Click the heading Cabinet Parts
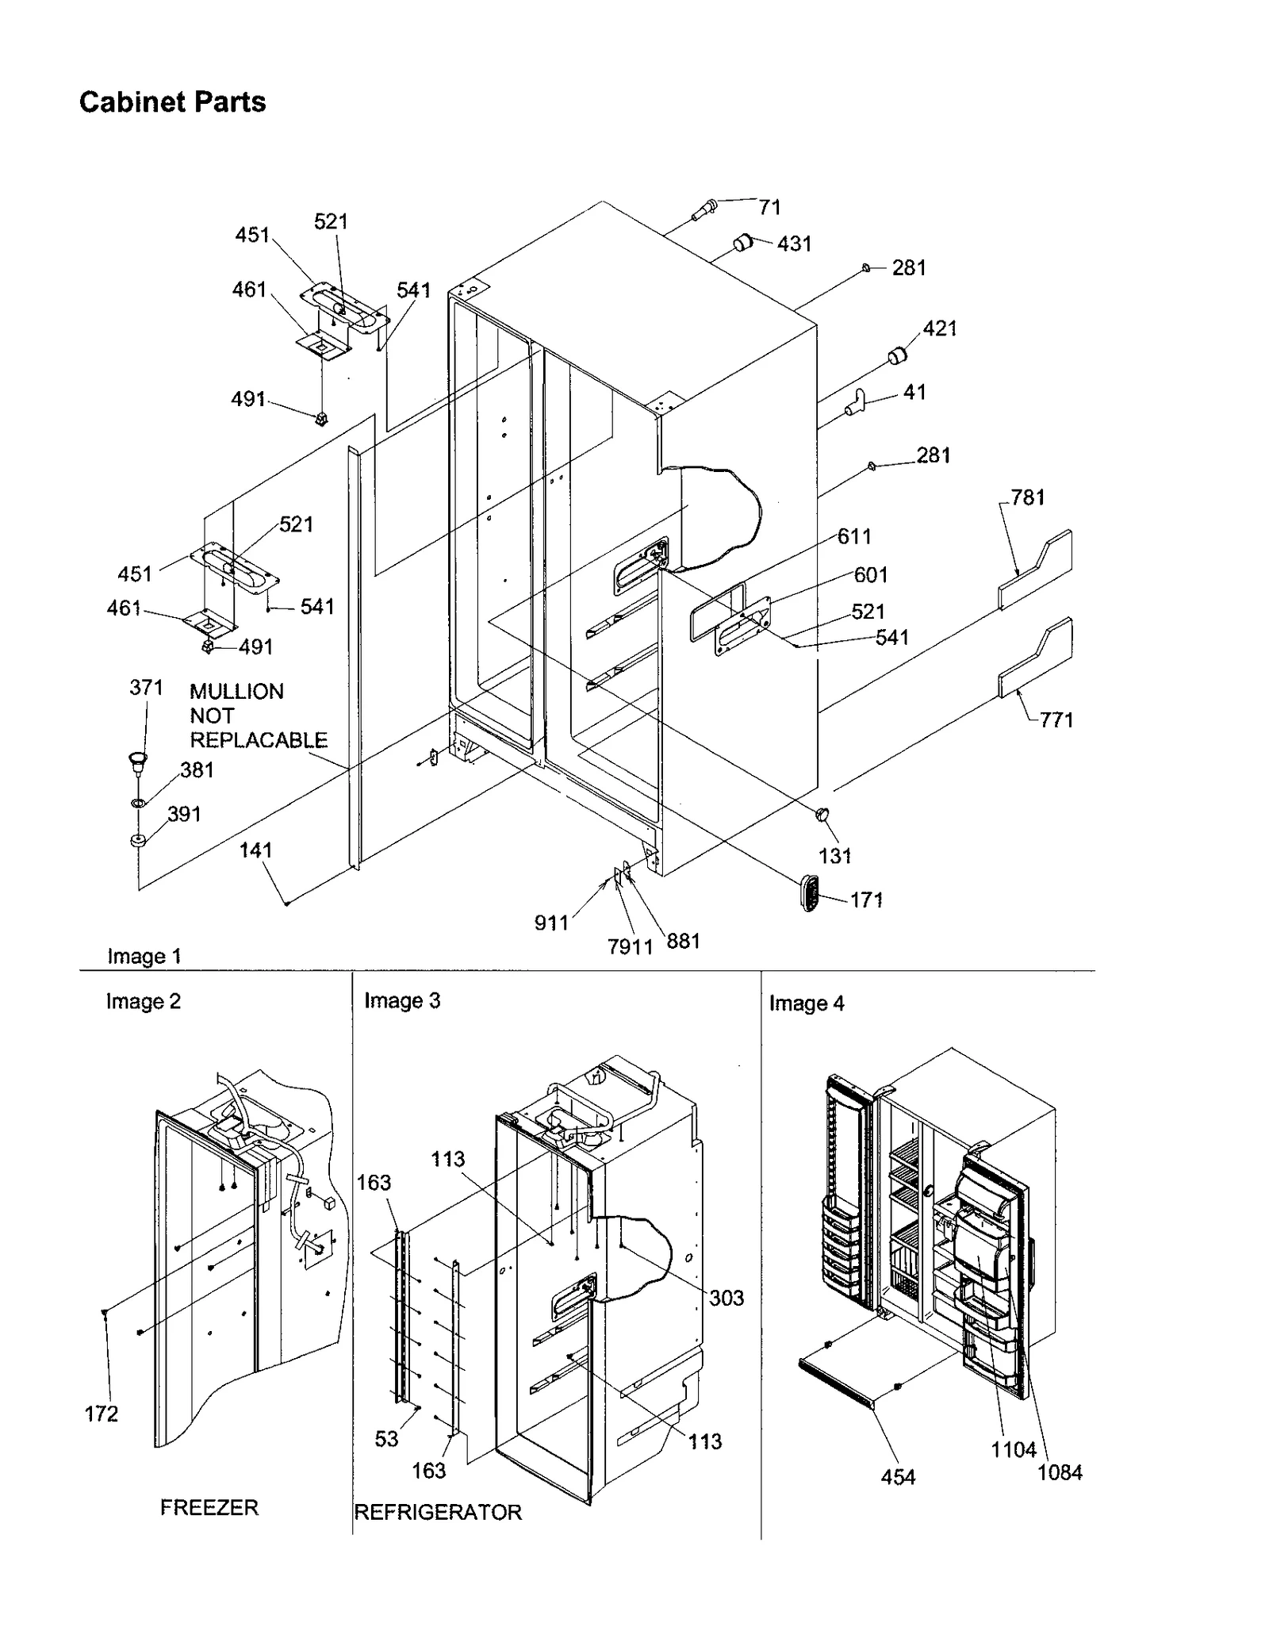point(172,102)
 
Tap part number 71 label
point(769,207)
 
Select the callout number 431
point(794,244)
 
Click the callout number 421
point(940,328)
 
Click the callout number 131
point(834,856)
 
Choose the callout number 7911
point(630,946)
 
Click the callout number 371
point(146,687)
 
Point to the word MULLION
point(236,691)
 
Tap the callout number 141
point(255,850)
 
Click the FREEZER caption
point(209,1507)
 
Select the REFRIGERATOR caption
point(438,1512)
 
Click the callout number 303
point(726,1298)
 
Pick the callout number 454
point(898,1477)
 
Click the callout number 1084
point(1060,1472)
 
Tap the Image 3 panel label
point(401,1000)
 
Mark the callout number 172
point(102,1414)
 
